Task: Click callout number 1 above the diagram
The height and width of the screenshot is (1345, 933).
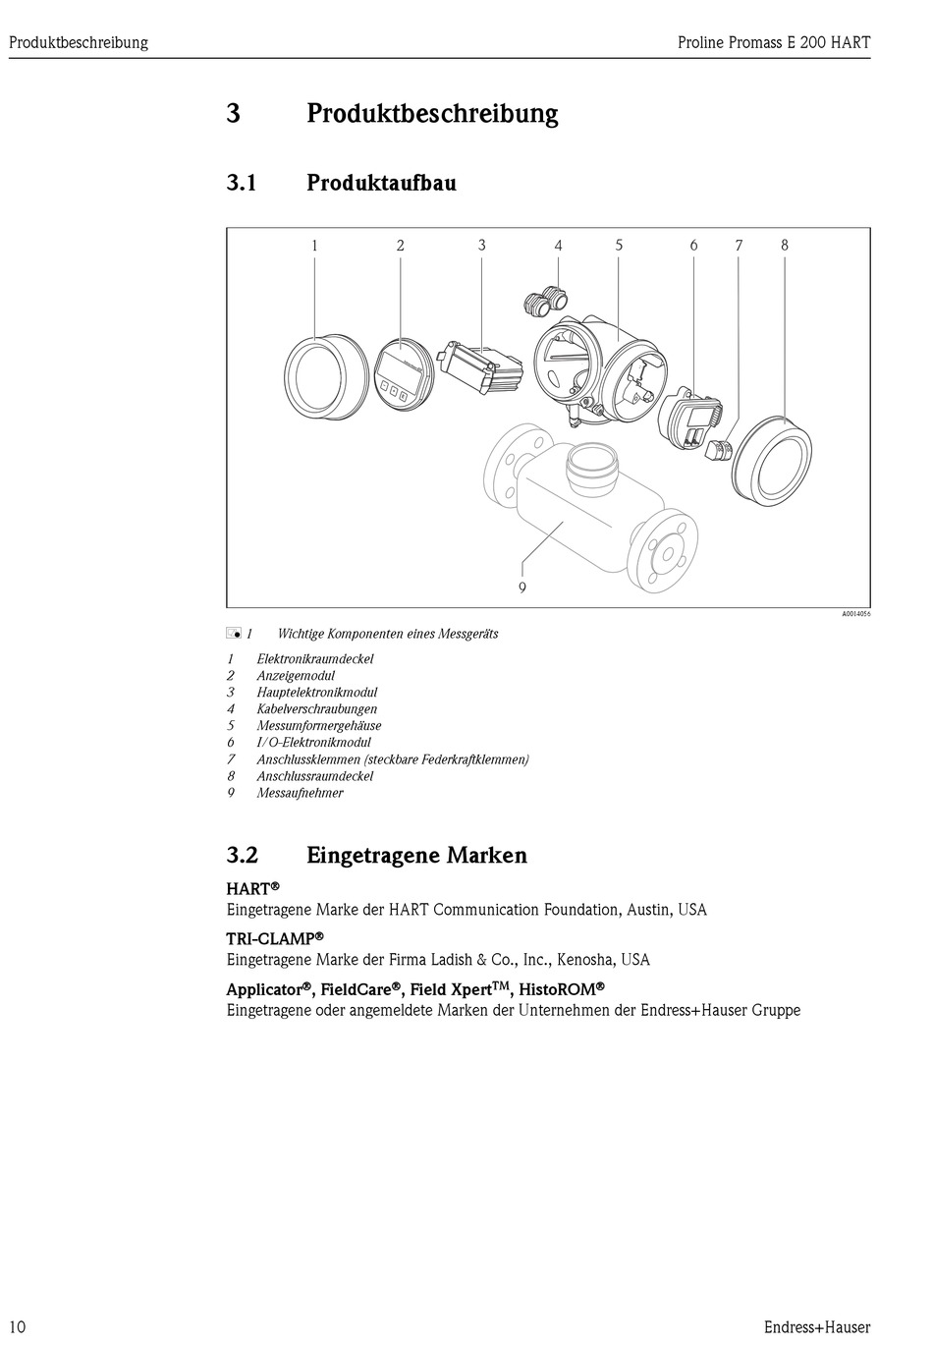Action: pos(314,246)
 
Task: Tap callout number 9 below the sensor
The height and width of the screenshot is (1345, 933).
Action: pos(522,588)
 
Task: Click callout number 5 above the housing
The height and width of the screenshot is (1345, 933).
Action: pos(619,245)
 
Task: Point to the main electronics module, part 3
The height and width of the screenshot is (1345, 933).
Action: pos(480,367)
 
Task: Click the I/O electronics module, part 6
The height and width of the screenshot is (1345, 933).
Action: pos(691,418)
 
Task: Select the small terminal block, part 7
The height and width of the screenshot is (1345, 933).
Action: pos(720,448)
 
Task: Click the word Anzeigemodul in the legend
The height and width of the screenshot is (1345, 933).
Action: pos(296,676)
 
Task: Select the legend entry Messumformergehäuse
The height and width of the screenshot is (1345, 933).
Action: pos(319,726)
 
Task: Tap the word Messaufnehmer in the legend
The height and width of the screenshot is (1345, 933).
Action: pos(300,793)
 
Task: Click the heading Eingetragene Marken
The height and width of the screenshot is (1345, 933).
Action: pos(416,855)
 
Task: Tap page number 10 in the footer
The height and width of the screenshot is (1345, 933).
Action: pos(17,1327)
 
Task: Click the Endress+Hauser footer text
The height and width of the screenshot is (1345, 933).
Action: pos(817,1327)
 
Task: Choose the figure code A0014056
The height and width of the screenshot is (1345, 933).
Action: pos(855,614)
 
